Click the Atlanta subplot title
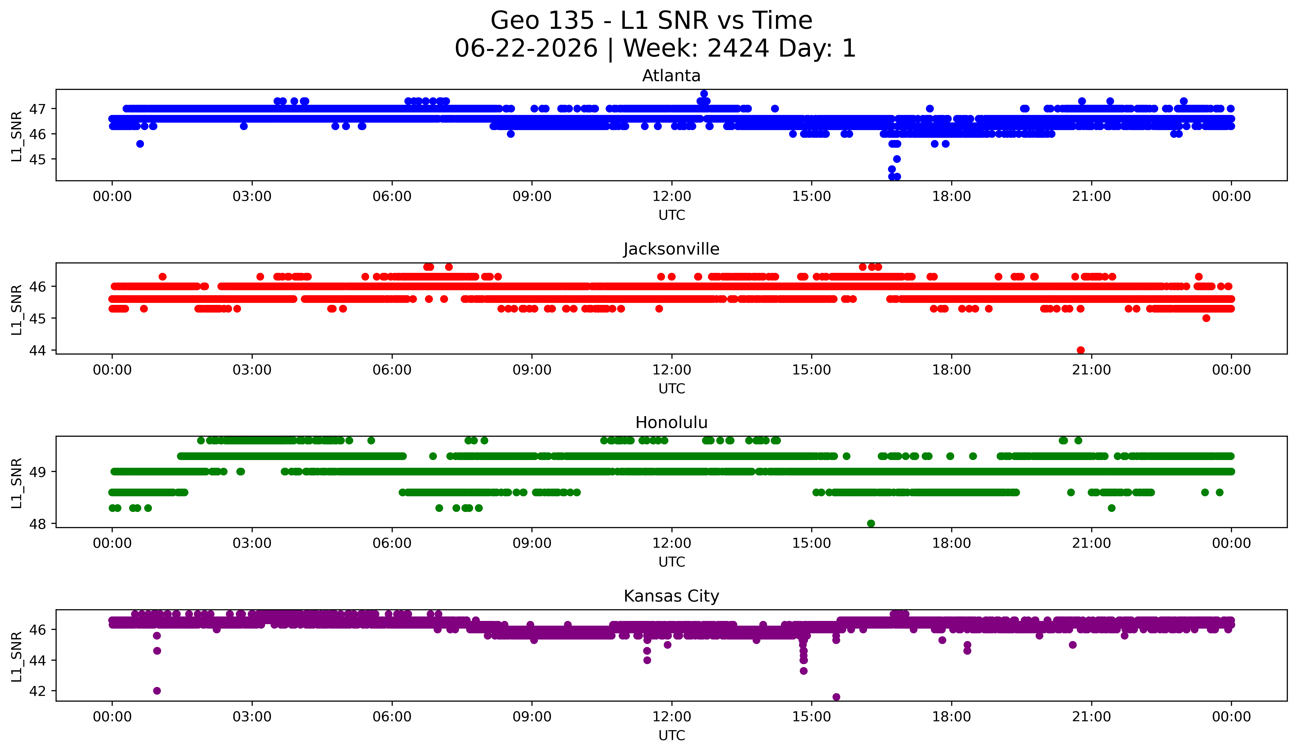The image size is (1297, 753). point(671,76)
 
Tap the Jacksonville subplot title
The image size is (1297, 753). point(671,249)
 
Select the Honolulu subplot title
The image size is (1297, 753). point(671,423)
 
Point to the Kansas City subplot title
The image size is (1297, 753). point(671,596)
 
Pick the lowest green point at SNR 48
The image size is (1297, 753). point(871,523)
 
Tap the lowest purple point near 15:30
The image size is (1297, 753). point(836,697)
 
